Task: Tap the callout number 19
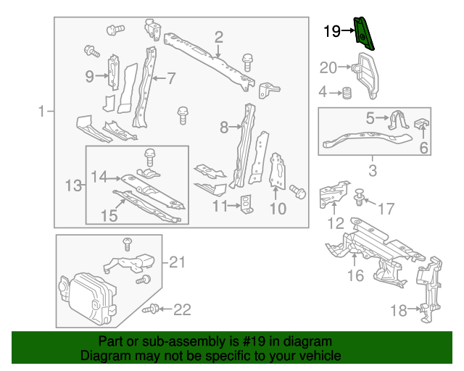331,31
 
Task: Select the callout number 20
328,68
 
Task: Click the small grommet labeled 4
347,93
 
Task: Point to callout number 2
217,37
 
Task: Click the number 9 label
89,76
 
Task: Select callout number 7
171,78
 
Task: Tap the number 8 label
224,128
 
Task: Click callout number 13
72,186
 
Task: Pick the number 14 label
99,176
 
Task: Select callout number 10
278,209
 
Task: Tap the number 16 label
355,275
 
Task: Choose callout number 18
398,311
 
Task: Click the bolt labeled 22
152,309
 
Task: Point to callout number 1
42,112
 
